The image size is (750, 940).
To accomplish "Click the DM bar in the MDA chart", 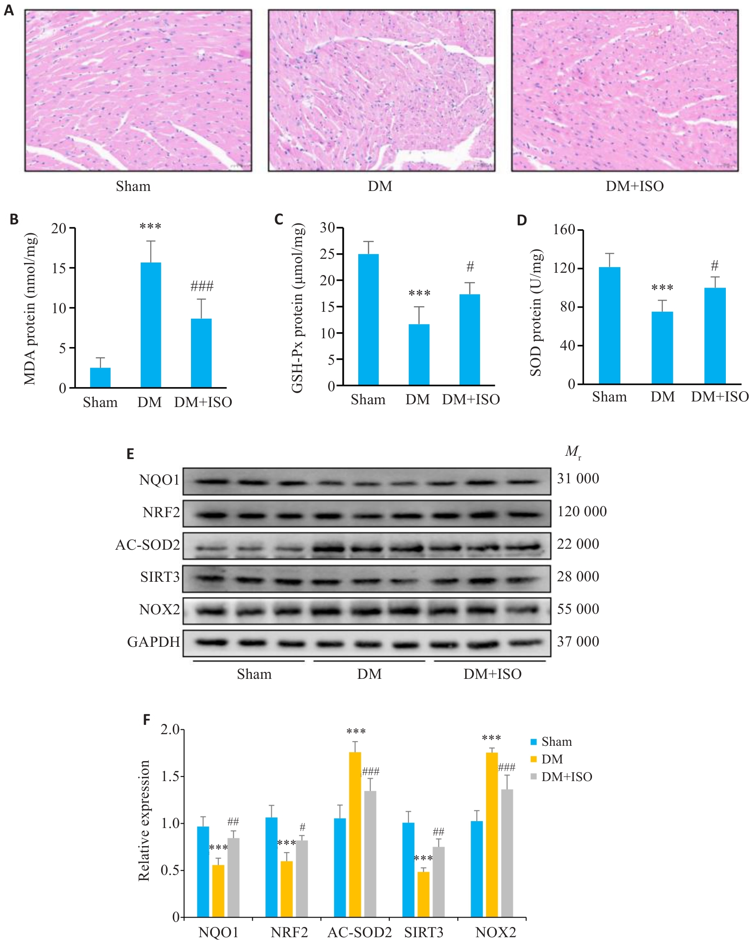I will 151,325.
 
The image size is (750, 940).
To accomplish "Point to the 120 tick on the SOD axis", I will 565,269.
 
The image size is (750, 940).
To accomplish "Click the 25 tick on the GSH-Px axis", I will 328,254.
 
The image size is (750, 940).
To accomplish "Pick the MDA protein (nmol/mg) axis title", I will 30,309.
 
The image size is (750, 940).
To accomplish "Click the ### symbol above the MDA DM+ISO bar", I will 202,286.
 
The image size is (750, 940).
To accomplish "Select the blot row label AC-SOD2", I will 148,545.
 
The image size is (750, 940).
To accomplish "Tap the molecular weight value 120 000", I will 582,512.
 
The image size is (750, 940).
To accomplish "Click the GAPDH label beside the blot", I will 153,642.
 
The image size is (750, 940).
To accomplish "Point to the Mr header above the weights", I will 573,452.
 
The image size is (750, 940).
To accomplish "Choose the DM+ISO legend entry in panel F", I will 566,777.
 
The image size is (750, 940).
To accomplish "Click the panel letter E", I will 130,454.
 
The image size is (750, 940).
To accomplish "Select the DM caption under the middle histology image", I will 380,186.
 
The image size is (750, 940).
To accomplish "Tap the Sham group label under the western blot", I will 254,674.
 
